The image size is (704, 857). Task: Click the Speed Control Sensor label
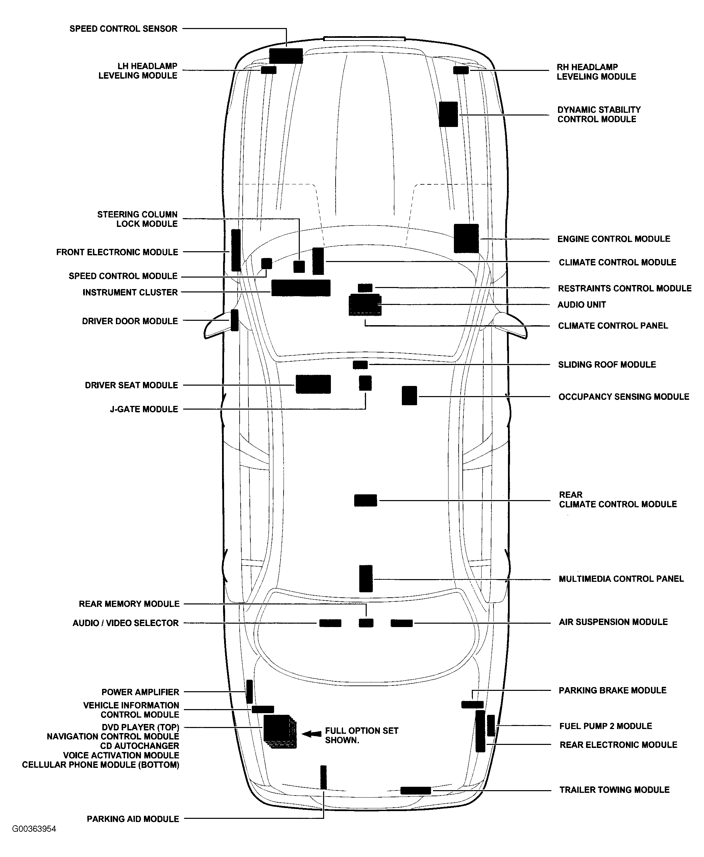tap(123, 29)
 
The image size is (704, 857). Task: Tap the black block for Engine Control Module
tap(466, 238)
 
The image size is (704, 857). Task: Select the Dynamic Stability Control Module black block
tap(448, 114)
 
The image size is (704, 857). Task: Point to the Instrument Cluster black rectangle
tap(300, 288)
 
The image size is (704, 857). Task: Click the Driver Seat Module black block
tap(313, 384)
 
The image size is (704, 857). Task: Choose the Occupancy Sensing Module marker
tap(409, 395)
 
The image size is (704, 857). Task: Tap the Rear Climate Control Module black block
tap(365, 500)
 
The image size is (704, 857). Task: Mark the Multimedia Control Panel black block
tap(366, 579)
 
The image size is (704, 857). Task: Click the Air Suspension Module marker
tap(402, 623)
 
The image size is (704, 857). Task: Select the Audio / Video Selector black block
tap(330, 623)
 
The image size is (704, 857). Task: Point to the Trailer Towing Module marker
tap(415, 790)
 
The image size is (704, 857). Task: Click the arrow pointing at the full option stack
tap(312, 734)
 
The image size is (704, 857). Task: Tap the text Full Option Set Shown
tap(361, 735)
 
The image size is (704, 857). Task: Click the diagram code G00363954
tap(34, 829)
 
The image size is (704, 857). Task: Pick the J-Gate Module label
tap(144, 409)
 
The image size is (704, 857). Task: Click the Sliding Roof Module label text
tap(607, 365)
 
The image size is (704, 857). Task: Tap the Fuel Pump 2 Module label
tap(605, 726)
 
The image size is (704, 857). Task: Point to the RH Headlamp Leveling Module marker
tap(461, 70)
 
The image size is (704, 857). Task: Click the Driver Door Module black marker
tap(235, 320)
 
